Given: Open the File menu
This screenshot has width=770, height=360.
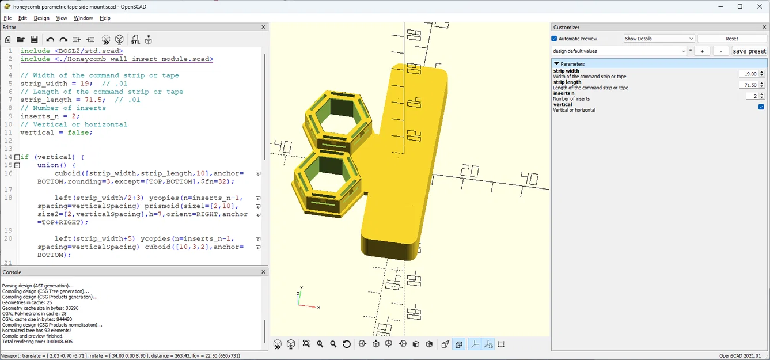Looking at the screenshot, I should [x=7, y=18].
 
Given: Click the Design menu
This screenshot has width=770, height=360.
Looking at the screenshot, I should [x=41, y=18].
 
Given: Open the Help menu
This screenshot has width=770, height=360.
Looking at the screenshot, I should [x=105, y=18].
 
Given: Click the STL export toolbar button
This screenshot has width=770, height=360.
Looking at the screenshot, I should [x=135, y=40].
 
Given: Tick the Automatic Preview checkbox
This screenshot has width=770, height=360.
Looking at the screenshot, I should [x=555, y=39].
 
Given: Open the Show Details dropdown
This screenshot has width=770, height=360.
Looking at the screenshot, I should [x=659, y=39].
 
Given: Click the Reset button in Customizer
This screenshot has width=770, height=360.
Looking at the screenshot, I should [x=731, y=39].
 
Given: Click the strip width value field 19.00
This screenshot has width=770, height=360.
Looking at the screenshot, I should [x=748, y=74].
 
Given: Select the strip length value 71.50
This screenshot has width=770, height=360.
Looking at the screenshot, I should [x=748, y=85].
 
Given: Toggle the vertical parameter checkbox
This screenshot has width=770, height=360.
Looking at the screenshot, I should [x=761, y=107].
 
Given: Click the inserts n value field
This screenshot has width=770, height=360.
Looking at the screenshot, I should [x=752, y=96].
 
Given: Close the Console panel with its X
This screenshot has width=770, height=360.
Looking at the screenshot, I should [x=264, y=272].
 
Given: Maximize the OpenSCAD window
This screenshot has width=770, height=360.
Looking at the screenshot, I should [x=740, y=6].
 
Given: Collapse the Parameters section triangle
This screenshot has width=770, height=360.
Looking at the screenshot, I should [x=557, y=64].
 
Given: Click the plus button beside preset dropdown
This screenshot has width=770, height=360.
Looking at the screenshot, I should [x=701, y=51].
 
